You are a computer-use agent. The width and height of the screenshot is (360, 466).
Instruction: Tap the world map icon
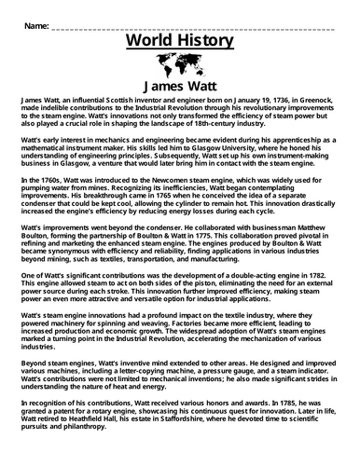(180, 68)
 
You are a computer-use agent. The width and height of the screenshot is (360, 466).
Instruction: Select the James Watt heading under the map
(180, 90)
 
